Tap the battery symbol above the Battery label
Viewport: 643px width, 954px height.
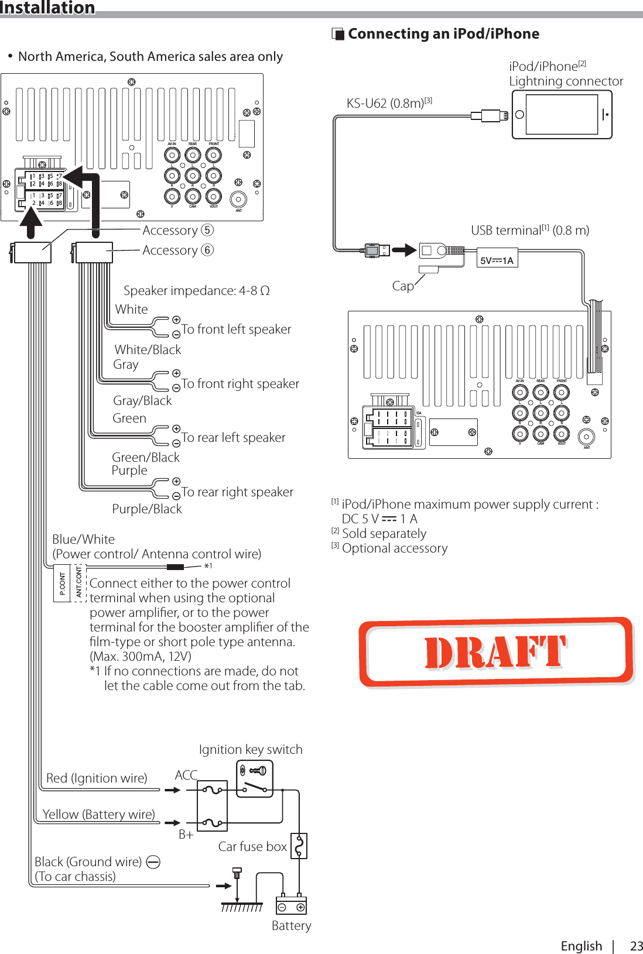(x=291, y=905)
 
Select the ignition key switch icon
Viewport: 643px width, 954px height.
(x=255, y=778)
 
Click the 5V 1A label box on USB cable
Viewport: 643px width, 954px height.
(x=497, y=260)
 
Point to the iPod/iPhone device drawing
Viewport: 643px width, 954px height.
(x=562, y=115)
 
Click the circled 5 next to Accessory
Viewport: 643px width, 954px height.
(x=207, y=230)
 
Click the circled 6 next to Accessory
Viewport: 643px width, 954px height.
(x=207, y=250)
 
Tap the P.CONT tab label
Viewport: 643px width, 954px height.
(x=61, y=584)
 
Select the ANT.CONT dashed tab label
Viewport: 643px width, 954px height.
(x=78, y=583)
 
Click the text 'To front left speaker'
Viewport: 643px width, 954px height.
(x=236, y=329)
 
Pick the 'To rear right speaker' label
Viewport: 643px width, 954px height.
(x=237, y=492)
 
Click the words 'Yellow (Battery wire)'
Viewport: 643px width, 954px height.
(x=98, y=814)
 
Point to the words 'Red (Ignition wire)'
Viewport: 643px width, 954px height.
(x=97, y=778)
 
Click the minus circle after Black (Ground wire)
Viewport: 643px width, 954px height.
(x=153, y=862)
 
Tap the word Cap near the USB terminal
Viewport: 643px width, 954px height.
(x=403, y=286)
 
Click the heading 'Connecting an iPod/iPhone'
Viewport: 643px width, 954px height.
(x=443, y=34)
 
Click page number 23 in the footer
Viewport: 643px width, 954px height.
(x=636, y=946)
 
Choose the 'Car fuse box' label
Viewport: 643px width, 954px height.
(x=252, y=846)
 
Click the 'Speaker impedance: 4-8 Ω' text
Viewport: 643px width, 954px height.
(x=196, y=290)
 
